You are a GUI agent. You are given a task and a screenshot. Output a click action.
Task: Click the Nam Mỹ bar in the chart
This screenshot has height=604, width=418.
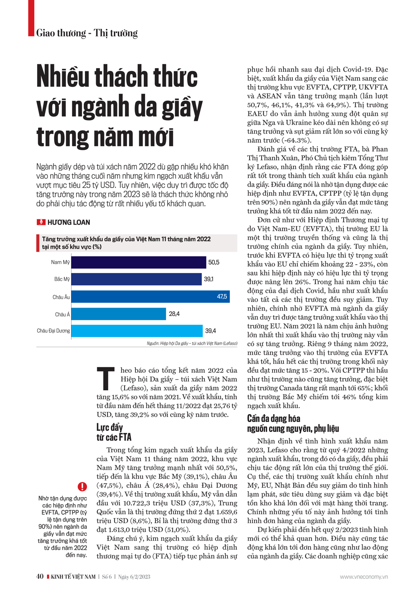(138, 262)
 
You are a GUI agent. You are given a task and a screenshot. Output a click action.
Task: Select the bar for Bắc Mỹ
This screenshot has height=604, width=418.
(136, 279)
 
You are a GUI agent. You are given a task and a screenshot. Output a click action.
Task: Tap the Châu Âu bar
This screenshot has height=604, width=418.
(150, 296)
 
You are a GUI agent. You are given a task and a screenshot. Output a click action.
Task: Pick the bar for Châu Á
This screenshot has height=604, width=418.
(119, 314)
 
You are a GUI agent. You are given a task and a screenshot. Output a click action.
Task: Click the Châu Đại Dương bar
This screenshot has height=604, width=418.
(137, 331)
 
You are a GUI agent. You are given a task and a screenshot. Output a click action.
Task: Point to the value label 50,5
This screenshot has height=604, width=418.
(214, 262)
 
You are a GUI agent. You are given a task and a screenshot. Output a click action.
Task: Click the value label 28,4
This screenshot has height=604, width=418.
(174, 314)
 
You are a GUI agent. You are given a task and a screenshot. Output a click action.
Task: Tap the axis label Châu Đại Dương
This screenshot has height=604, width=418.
(54, 331)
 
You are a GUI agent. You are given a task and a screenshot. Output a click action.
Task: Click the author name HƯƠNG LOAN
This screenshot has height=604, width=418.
(69, 222)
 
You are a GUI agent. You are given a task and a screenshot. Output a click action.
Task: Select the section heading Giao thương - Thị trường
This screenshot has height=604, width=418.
(87, 33)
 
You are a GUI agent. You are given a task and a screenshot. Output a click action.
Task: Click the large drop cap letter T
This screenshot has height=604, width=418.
(106, 379)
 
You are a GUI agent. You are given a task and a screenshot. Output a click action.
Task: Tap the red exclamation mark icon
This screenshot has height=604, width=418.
(82, 486)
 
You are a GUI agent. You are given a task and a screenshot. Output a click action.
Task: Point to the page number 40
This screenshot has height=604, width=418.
(40, 576)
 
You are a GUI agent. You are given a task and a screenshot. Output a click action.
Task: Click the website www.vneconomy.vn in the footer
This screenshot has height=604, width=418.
(364, 577)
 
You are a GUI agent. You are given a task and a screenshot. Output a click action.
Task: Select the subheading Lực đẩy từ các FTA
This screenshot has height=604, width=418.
(114, 432)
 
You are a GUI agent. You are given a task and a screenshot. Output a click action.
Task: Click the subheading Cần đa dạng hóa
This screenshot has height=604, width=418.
(274, 418)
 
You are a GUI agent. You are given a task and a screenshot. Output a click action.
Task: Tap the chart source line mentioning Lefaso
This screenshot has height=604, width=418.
(192, 344)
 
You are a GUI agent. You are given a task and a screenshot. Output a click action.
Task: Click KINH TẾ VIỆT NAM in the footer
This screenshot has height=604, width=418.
(73, 577)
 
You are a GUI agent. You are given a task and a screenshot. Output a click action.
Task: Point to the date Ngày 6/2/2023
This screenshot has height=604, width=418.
(134, 577)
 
